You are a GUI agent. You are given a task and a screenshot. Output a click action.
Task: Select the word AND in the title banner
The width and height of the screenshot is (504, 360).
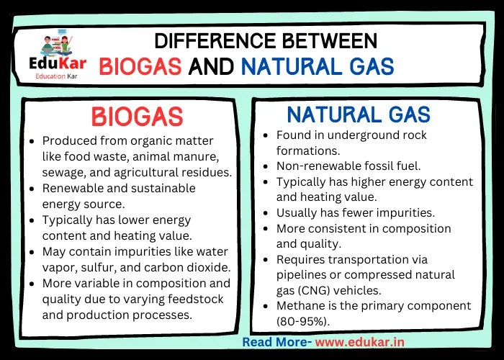click(211, 67)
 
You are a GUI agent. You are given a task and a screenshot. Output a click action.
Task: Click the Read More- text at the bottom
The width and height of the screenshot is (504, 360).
click(276, 342)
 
